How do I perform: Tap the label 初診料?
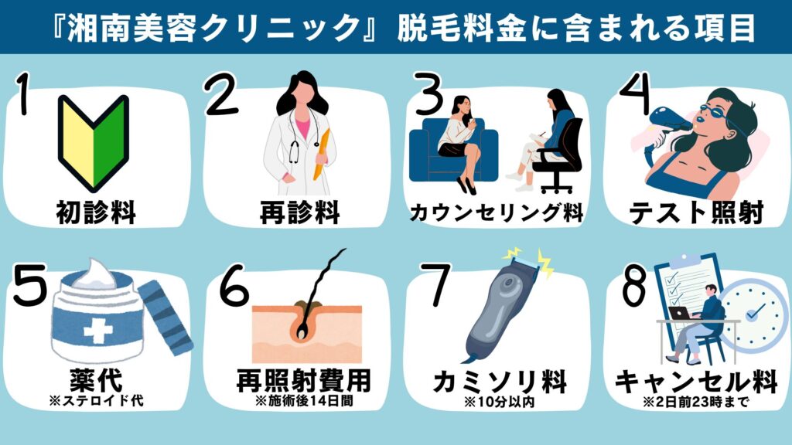94,210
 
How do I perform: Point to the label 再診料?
299,210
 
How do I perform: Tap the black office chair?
558,155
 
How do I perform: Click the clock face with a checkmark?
754,313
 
